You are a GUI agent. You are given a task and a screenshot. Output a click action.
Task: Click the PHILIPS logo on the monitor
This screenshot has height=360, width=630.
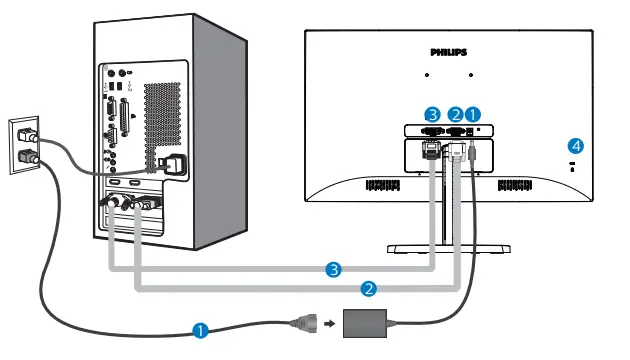(449, 50)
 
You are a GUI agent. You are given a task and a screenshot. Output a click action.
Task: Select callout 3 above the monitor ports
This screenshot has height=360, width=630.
(432, 114)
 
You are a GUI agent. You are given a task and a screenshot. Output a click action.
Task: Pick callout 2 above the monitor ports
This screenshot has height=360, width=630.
(455, 114)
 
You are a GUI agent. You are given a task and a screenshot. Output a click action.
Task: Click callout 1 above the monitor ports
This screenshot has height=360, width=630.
(473, 114)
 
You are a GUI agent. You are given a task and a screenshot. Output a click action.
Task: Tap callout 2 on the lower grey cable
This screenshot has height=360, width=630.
(369, 288)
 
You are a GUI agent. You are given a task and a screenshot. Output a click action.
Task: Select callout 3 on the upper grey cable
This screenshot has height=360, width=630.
(334, 268)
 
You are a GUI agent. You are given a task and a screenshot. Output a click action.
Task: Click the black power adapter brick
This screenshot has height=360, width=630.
(365, 322)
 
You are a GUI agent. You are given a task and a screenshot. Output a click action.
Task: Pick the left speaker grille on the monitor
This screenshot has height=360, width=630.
(383, 185)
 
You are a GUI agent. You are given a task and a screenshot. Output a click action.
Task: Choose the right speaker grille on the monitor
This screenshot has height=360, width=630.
(514, 185)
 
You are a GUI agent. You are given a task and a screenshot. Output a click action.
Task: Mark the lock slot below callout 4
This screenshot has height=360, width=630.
(573, 166)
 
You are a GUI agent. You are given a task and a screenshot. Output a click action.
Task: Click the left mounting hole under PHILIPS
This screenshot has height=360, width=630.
(426, 75)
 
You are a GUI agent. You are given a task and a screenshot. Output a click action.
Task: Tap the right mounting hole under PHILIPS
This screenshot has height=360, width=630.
(470, 75)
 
